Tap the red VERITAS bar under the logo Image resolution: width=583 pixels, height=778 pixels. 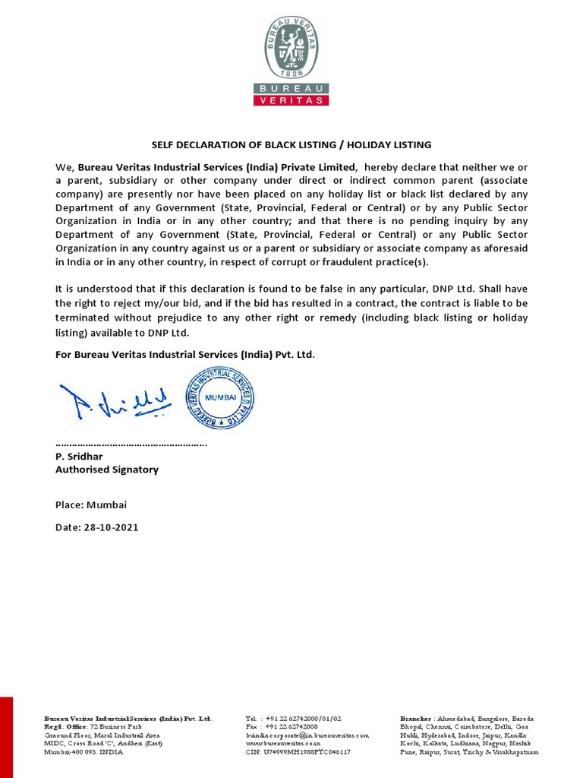[x=291, y=100]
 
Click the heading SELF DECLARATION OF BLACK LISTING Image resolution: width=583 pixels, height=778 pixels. [x=291, y=144]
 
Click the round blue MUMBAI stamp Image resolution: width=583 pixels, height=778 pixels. [x=220, y=397]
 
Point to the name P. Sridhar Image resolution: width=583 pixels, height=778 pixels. [x=79, y=457]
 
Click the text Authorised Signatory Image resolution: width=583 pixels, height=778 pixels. [x=107, y=470]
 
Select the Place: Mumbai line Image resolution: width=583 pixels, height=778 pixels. [x=91, y=504]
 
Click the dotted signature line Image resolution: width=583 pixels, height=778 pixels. [x=131, y=444]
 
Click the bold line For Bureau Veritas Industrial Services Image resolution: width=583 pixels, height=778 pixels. [x=184, y=354]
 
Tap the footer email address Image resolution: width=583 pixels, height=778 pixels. [x=307, y=735]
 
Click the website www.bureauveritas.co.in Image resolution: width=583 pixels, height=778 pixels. [x=286, y=744]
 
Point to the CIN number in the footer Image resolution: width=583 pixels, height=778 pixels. [x=298, y=752]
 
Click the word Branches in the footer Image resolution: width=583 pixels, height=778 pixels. [x=417, y=718]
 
